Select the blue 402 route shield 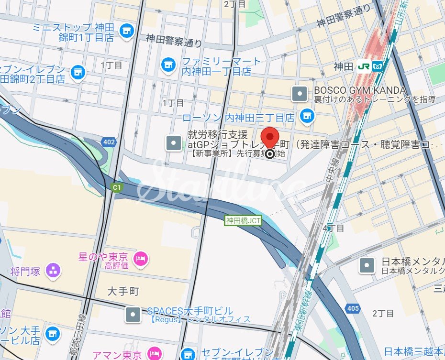108,142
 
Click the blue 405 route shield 353,308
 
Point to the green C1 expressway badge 116,187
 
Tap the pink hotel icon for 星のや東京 141,259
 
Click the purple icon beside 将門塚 53,271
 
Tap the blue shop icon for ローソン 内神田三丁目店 307,115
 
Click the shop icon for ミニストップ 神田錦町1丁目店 126,31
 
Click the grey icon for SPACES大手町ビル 133,314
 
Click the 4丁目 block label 333,228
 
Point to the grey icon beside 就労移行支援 173,142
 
